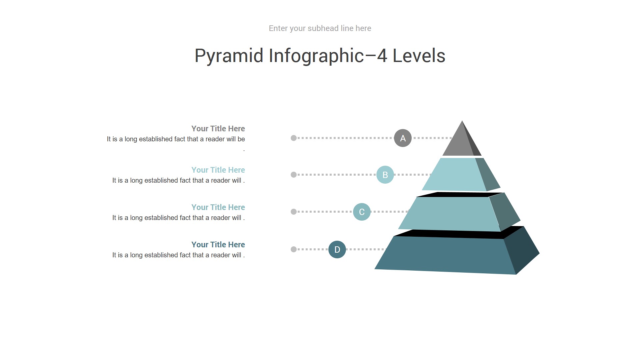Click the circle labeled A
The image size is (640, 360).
pyautogui.click(x=403, y=138)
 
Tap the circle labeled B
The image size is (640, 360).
pyautogui.click(x=385, y=175)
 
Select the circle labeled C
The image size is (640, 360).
pyautogui.click(x=362, y=212)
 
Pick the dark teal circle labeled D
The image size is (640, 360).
pyautogui.click(x=337, y=249)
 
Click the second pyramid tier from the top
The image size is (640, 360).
pyautogui.click(x=461, y=174)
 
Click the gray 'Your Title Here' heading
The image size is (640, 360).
pyautogui.click(x=218, y=129)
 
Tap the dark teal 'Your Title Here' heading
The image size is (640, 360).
pyautogui.click(x=218, y=245)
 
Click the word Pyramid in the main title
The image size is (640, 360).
pyautogui.click(x=229, y=56)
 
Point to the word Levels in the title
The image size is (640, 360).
pyautogui.click(x=419, y=56)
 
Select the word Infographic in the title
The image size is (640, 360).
pyautogui.click(x=316, y=56)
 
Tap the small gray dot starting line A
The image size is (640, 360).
pyautogui.click(x=294, y=138)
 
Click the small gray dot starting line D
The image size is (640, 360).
pyautogui.click(x=294, y=249)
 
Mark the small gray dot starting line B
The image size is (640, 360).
pyautogui.click(x=294, y=175)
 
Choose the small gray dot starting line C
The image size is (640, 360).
pyautogui.click(x=294, y=212)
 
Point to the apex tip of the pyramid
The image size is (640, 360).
pyautogui.click(x=462, y=121)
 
